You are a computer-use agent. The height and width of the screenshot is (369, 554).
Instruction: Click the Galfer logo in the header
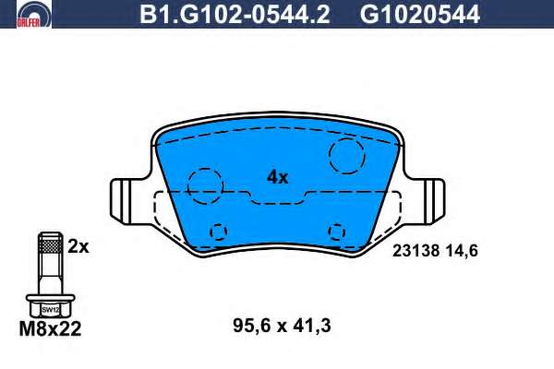pyautogui.click(x=34, y=14)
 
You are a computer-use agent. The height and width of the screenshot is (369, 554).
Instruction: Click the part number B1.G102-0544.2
pyautogui.click(x=235, y=15)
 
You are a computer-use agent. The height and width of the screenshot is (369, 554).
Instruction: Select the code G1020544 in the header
pyautogui.click(x=420, y=15)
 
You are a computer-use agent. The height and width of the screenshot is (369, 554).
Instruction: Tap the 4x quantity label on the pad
pyautogui.click(x=278, y=177)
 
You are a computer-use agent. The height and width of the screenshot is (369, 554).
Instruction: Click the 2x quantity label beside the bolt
pyautogui.click(x=78, y=247)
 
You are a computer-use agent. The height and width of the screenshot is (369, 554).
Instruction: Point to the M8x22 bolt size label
pyautogui.click(x=50, y=329)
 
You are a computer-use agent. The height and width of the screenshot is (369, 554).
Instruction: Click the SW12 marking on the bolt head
pyautogui.click(x=51, y=310)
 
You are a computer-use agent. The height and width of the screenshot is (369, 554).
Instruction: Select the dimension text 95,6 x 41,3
pyautogui.click(x=282, y=326)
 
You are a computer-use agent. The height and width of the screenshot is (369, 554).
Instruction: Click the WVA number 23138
pyautogui.click(x=416, y=251)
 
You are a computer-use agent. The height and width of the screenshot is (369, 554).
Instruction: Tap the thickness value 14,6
pyautogui.click(x=462, y=251)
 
